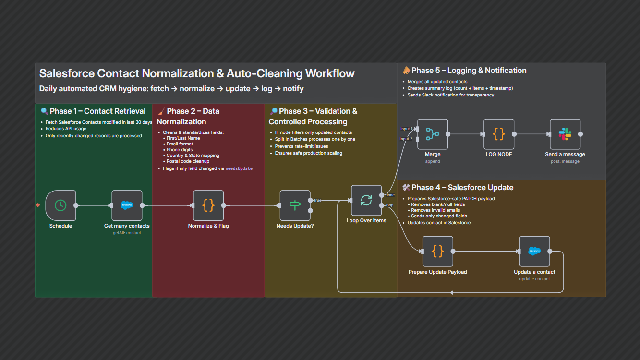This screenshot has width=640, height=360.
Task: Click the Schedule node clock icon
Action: tap(60, 205)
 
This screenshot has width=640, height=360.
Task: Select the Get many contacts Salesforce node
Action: tap(127, 205)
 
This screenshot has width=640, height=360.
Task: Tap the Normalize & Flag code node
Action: tap(208, 205)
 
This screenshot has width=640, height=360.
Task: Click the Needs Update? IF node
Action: tap(295, 205)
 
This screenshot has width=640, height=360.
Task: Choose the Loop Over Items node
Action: tap(366, 201)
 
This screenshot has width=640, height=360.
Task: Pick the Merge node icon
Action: tap(433, 134)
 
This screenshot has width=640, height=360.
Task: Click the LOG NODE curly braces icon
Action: tap(499, 134)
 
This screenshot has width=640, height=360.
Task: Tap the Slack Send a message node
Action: tap(565, 134)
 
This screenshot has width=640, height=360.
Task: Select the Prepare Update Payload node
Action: tap(437, 251)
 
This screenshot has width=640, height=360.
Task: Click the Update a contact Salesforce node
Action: tap(534, 251)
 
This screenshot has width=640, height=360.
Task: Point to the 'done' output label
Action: tap(390, 195)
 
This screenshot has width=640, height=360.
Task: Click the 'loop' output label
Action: tap(389, 205)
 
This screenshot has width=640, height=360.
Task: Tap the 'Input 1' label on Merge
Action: tap(406, 129)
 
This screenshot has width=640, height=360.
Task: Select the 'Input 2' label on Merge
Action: tap(406, 139)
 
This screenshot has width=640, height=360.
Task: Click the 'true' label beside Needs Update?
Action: tap(317, 200)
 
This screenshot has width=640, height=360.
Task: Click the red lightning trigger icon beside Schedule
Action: tap(38, 205)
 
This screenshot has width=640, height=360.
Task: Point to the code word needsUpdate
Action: tap(239, 169)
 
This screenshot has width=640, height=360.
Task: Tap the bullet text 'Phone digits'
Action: tap(180, 150)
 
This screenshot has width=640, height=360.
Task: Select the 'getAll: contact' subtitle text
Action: tap(127, 233)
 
